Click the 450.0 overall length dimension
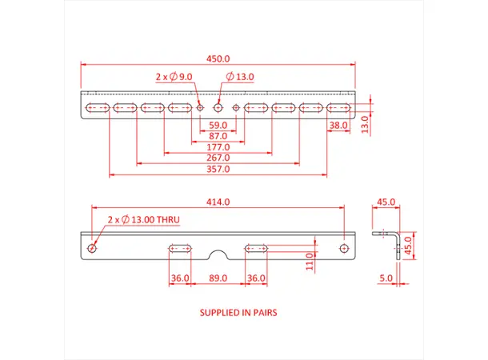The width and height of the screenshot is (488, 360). point(218,58)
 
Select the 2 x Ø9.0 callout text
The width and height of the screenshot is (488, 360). point(174,77)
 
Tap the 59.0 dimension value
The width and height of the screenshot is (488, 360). point(218,126)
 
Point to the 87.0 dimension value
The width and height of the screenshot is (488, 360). point(218,137)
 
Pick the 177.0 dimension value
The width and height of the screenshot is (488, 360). point(218,147)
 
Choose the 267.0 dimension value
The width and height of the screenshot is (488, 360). point(218,158)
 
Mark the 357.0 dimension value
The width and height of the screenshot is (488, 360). point(218,170)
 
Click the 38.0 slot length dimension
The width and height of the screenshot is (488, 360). point(338,126)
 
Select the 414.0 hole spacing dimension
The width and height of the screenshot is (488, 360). point(218,203)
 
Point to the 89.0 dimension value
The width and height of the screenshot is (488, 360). point(218,278)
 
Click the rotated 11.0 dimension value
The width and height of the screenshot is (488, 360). point(309,261)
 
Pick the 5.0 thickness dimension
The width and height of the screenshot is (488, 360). point(386,278)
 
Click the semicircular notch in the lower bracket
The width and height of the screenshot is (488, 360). point(218,254)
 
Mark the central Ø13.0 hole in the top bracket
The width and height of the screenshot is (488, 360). point(218,107)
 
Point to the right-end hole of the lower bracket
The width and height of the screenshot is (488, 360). point(344,248)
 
